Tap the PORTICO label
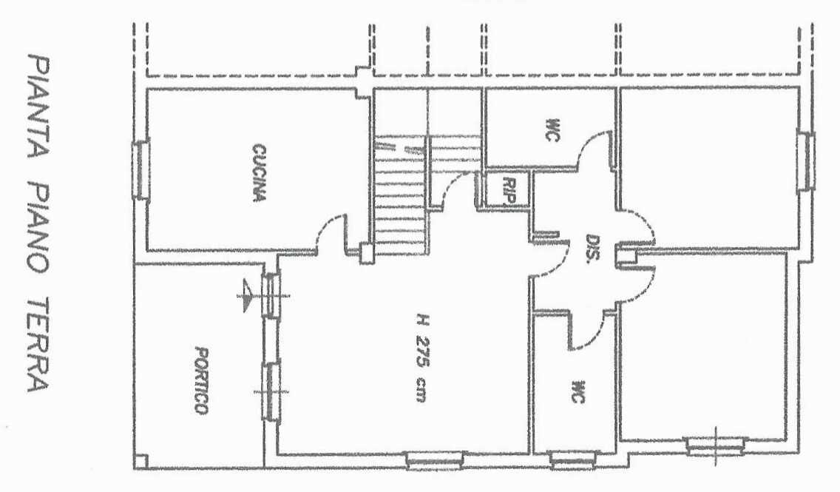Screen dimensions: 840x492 (x=200, y=380)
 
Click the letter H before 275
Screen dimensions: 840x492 (x=421, y=318)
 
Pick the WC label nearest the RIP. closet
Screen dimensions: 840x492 (x=553, y=129)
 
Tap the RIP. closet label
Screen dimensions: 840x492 (x=509, y=190)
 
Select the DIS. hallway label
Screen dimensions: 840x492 (x=592, y=250)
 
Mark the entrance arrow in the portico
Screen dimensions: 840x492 (x=246, y=295)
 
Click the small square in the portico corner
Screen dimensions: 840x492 (x=141, y=462)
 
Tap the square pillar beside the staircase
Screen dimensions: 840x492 (x=367, y=253)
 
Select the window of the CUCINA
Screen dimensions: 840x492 (x=141, y=169)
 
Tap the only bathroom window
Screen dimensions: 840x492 (x=572, y=460)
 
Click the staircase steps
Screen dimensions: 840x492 (x=401, y=195)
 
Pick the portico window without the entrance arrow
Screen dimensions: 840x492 (x=273, y=392)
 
